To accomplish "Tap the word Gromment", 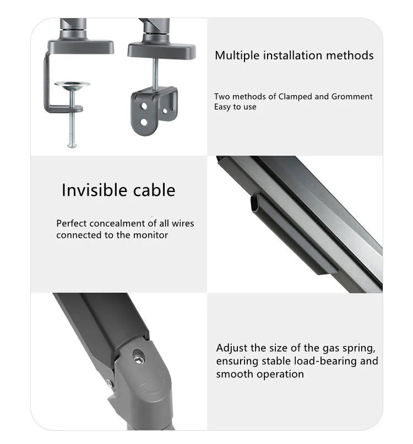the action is tap(352, 97).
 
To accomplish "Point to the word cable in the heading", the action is tap(154, 190).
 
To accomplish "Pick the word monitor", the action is tap(150, 235).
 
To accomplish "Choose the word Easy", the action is tap(222, 107).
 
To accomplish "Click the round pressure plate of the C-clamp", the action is tap(72, 85).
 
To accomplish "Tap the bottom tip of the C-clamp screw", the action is tap(72, 146).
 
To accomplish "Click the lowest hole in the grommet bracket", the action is tap(144, 122).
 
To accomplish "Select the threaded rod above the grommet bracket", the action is tap(155, 74).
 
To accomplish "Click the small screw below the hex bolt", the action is tap(110, 384).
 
